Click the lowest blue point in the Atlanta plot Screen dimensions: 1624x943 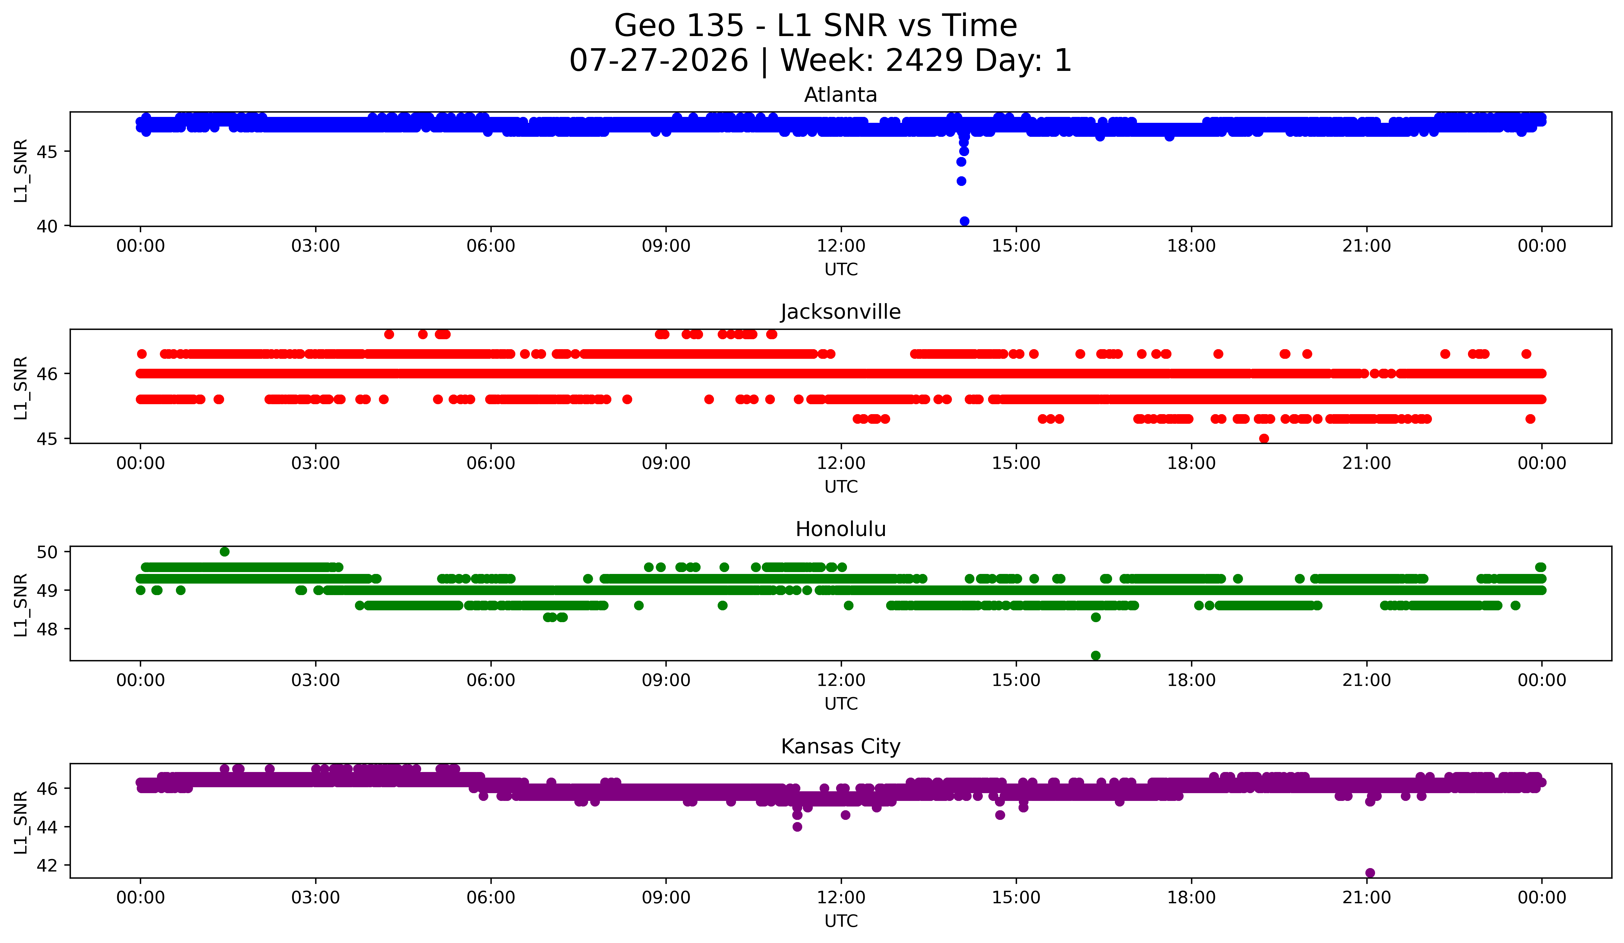point(964,221)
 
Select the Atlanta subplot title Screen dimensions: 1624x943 point(840,95)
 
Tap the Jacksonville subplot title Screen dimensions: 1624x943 point(840,312)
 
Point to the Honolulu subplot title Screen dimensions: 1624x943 point(840,529)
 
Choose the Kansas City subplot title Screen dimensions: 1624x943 point(840,747)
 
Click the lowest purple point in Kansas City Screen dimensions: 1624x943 point(1370,873)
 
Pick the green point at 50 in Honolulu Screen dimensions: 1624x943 point(224,552)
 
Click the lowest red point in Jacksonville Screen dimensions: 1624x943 point(1264,438)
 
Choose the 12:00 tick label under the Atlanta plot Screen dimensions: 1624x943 point(841,246)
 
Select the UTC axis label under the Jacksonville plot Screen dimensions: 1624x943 point(841,487)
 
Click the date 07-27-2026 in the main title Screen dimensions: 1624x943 point(659,61)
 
